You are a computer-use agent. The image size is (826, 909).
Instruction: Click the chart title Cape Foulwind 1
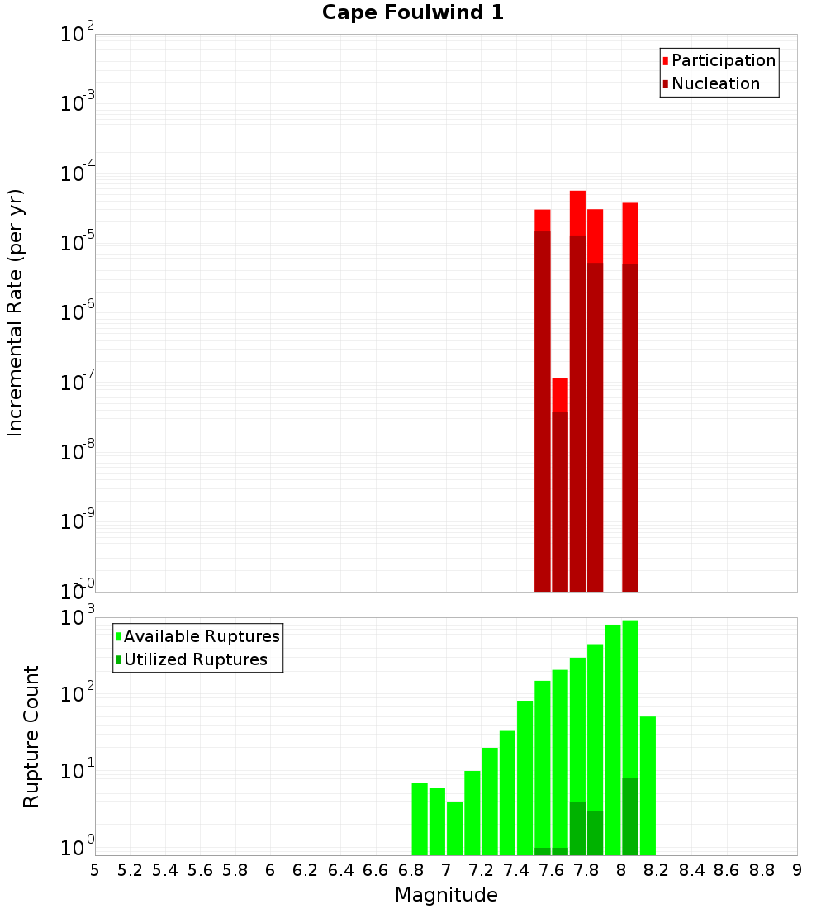coord(412,12)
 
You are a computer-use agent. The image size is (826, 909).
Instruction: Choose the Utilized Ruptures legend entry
coord(195,659)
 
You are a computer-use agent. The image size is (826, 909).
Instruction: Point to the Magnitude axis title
coord(446,895)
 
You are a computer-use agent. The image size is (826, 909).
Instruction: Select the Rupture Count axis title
coord(31,735)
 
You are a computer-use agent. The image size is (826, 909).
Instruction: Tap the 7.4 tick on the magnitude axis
coord(516,870)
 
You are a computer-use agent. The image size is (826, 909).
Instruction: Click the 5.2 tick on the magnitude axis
coord(130,870)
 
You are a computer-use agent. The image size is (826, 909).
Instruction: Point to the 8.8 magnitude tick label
coord(762,870)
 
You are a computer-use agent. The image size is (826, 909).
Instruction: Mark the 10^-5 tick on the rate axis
coord(78,243)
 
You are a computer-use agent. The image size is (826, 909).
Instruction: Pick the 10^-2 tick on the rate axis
coord(78,35)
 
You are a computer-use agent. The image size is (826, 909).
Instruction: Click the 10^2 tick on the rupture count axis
coord(78,695)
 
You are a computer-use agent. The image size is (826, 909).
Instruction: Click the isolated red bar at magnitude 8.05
coord(630,397)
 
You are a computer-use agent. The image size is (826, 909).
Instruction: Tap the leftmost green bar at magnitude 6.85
coord(420,818)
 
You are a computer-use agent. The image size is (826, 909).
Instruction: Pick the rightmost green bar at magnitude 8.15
coord(648,785)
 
